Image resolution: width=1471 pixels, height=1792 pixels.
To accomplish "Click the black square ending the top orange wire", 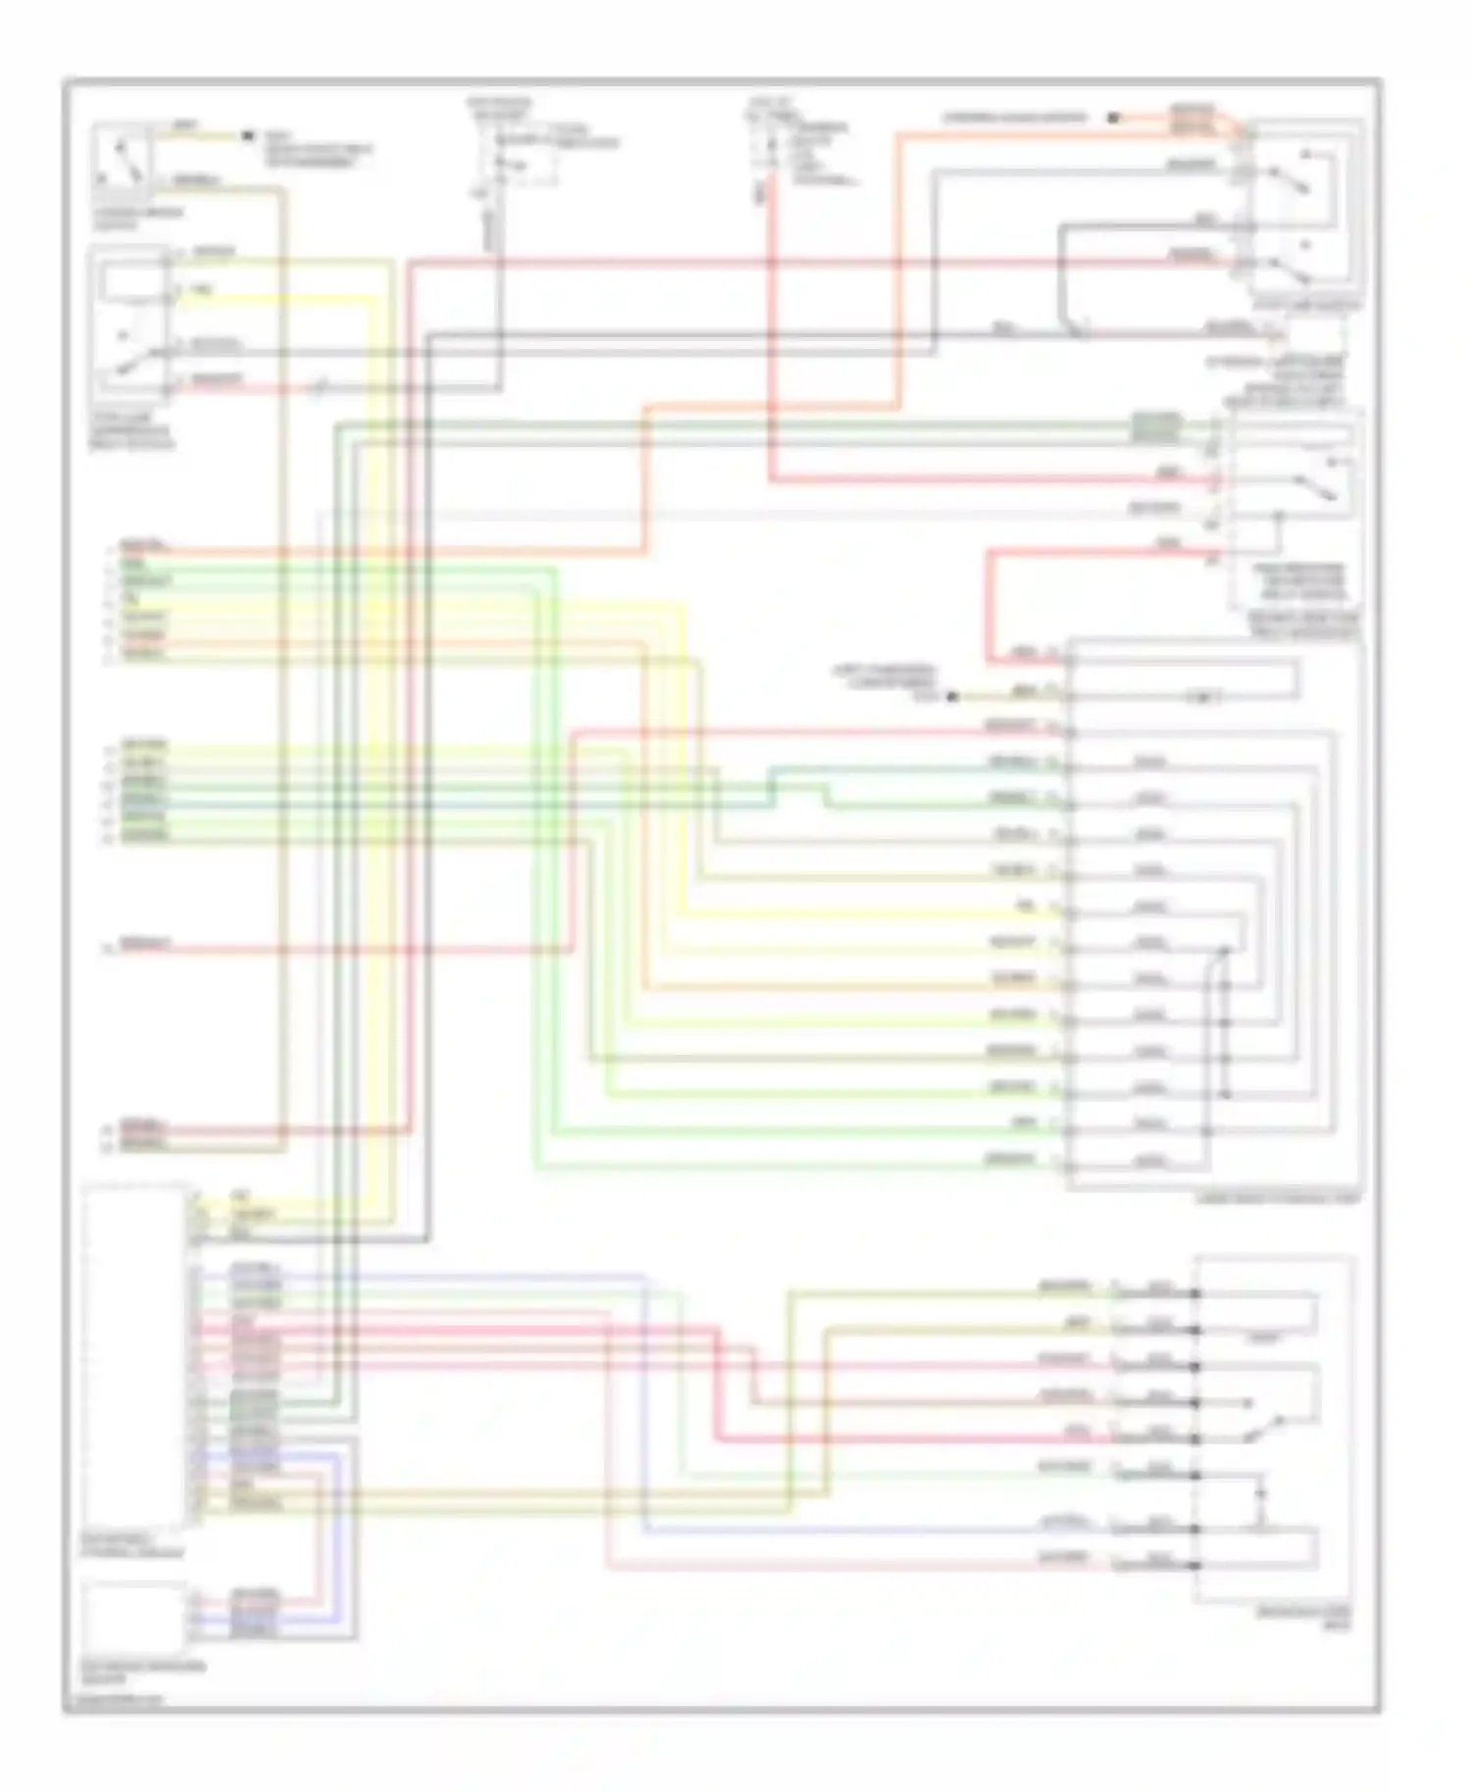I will click(x=1113, y=118).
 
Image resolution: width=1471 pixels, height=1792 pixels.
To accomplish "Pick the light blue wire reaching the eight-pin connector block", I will click(x=883, y=1529).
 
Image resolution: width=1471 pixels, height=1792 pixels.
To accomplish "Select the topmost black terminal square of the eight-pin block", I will click(x=1195, y=1294).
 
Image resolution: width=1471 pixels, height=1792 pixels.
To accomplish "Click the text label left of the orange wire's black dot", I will click(x=1015, y=118).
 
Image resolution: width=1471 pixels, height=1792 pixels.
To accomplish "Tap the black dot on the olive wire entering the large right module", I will click(x=951, y=697).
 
